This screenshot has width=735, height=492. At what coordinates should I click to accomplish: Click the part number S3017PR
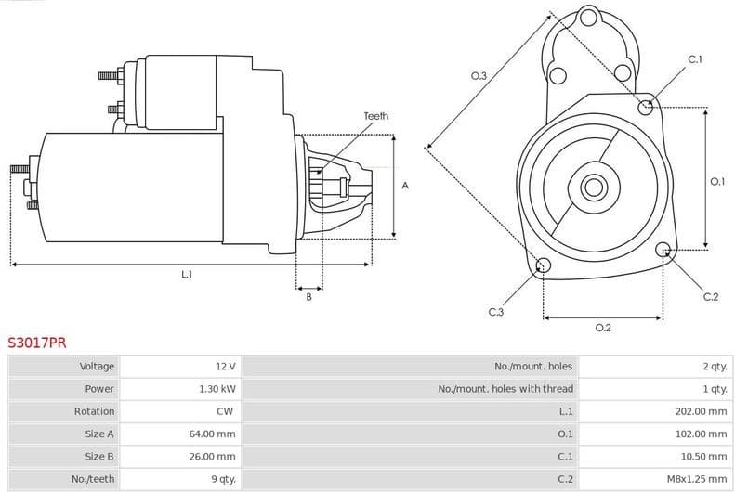click(x=37, y=343)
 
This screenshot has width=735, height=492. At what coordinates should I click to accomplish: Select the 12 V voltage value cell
click(x=225, y=367)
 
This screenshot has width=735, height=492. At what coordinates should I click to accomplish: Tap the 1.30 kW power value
click(x=217, y=389)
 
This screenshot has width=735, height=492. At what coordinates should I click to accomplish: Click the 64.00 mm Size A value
click(x=213, y=434)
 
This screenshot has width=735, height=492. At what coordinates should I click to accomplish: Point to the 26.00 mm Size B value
click(x=213, y=457)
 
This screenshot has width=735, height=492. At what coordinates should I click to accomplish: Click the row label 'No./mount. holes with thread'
click(x=505, y=389)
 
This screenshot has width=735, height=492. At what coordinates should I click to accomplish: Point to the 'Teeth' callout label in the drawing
click(x=375, y=116)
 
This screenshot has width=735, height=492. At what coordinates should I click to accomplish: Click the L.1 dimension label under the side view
click(x=187, y=274)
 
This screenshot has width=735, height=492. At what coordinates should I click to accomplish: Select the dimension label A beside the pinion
click(x=404, y=186)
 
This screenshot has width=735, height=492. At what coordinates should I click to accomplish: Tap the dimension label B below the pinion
click(x=308, y=297)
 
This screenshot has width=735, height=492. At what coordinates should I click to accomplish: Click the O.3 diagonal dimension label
click(x=479, y=76)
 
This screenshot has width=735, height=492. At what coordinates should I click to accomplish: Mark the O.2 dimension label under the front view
click(x=602, y=327)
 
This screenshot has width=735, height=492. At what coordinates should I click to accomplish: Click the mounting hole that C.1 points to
click(x=646, y=107)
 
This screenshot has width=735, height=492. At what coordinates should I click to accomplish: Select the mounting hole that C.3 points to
click(x=544, y=267)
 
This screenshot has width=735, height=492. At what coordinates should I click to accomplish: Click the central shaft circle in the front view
click(x=594, y=187)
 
